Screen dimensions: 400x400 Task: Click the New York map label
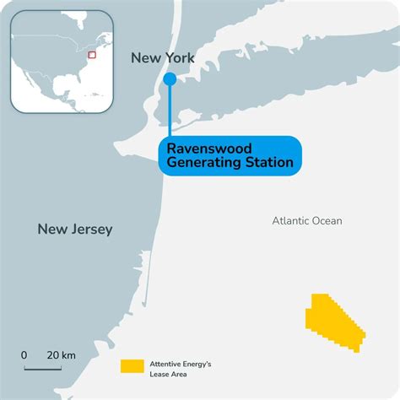point(163,58)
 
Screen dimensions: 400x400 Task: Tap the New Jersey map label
point(74,229)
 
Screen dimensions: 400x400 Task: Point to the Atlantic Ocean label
point(307,221)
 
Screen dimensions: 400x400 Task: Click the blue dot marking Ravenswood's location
point(170,78)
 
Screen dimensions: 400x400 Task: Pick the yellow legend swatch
point(132,366)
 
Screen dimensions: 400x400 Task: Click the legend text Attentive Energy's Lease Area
point(180,366)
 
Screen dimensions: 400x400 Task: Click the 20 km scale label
point(62,355)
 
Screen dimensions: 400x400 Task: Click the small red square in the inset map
point(92,54)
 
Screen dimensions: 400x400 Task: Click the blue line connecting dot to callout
point(170,110)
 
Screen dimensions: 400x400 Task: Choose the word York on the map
point(179,58)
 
